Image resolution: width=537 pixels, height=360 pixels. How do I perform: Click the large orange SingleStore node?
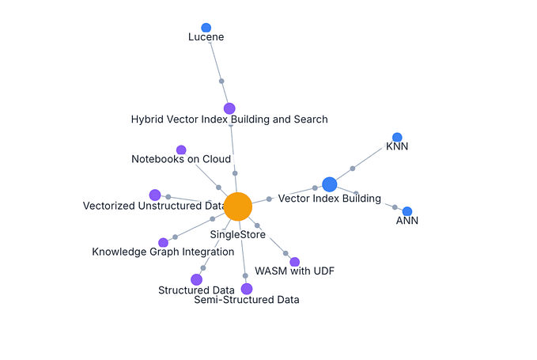point(237,207)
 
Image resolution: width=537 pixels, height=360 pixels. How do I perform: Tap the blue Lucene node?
point(206,28)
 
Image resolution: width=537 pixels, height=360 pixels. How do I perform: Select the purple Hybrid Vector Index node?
point(229,108)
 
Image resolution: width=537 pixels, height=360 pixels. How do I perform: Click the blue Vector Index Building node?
point(330,184)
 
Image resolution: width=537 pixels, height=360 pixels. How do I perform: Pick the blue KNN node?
point(397,138)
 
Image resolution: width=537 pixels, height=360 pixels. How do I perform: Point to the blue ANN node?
point(407,211)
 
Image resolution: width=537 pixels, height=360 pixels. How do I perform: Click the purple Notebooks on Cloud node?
point(181,150)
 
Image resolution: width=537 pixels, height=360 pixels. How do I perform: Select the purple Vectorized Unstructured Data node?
point(155,195)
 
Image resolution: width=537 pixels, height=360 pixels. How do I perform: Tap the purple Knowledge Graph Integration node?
point(163,242)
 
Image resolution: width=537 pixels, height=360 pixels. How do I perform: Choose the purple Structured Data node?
point(196,279)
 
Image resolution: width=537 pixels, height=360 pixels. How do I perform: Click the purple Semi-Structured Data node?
point(247,289)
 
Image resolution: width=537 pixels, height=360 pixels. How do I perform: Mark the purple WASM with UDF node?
point(295,262)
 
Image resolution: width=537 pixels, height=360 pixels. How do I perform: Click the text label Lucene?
point(206,37)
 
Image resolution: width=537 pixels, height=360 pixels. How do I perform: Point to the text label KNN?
point(397,146)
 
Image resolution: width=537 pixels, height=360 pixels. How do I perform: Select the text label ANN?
point(407,221)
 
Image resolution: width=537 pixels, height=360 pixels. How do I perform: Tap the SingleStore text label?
point(237,234)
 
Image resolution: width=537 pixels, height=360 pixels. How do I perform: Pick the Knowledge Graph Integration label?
point(163,252)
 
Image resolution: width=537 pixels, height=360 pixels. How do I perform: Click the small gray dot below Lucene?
point(221,81)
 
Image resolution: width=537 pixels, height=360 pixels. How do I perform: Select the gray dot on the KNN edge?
point(353,169)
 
